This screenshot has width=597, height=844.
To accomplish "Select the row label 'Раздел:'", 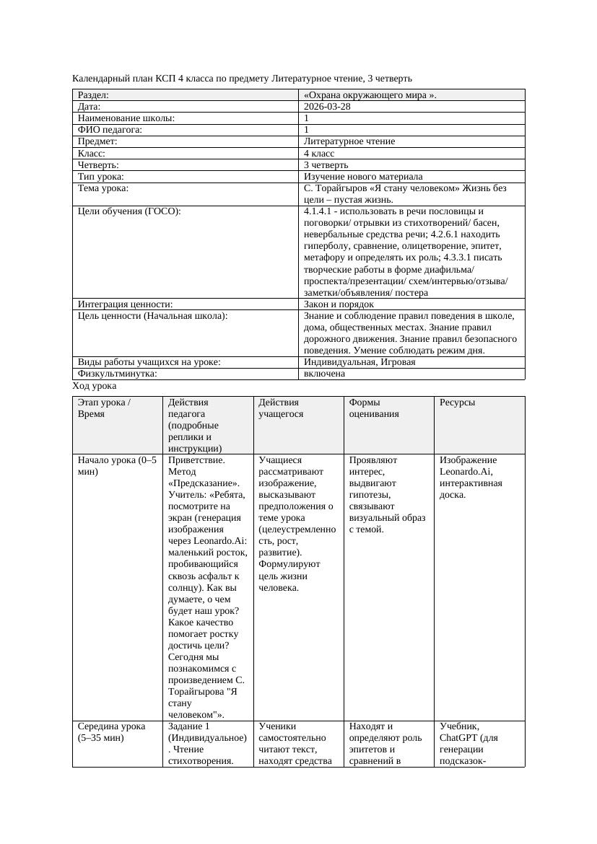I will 93,94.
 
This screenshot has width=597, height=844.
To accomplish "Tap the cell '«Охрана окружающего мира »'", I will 370,94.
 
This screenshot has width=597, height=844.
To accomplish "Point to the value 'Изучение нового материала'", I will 363,176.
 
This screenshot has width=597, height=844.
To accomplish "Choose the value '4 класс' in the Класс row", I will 319,153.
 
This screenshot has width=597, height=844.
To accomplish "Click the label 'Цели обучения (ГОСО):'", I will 129,211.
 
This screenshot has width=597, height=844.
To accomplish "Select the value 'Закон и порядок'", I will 339,304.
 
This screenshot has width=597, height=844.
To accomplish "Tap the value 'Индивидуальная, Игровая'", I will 359,362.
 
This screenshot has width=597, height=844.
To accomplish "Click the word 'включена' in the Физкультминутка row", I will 324,374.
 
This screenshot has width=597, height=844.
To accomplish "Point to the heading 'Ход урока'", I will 94,386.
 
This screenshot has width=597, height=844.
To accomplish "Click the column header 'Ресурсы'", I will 457,402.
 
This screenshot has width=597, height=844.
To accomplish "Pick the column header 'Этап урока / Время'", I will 104,408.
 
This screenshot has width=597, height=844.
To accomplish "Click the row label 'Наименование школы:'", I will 126,118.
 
